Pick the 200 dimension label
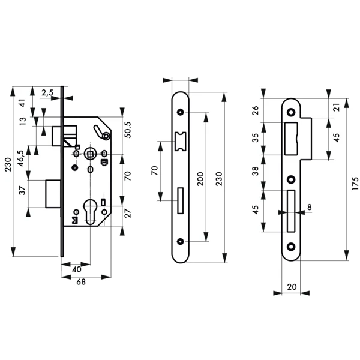[x=200, y=179]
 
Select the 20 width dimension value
[x=292, y=287]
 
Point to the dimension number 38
[x=256, y=171]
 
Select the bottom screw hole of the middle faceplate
[x=180, y=242]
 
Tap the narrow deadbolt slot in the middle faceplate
[x=179, y=199]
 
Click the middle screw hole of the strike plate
[x=292, y=179]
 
